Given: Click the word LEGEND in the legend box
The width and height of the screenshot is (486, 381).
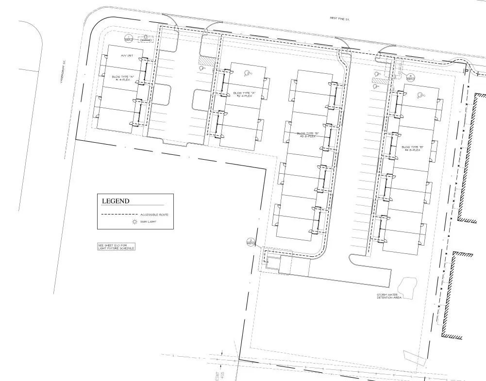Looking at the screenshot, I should (115, 201).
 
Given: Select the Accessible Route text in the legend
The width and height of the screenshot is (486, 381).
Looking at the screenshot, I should (154, 215).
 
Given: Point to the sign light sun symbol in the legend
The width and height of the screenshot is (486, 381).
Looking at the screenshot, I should (134, 222).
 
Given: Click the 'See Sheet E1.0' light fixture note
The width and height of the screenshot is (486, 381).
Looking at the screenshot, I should (116, 247).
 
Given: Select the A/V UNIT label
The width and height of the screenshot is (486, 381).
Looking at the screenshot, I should (127, 56).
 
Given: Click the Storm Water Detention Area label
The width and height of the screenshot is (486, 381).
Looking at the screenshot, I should (389, 296).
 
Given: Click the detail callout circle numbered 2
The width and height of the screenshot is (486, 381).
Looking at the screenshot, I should (251, 241).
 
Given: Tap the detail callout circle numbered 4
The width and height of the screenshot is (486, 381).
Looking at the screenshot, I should (410, 77).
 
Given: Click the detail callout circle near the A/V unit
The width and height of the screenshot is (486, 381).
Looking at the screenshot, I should (129, 39).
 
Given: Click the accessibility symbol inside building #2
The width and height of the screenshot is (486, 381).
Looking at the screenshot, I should (248, 74).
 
